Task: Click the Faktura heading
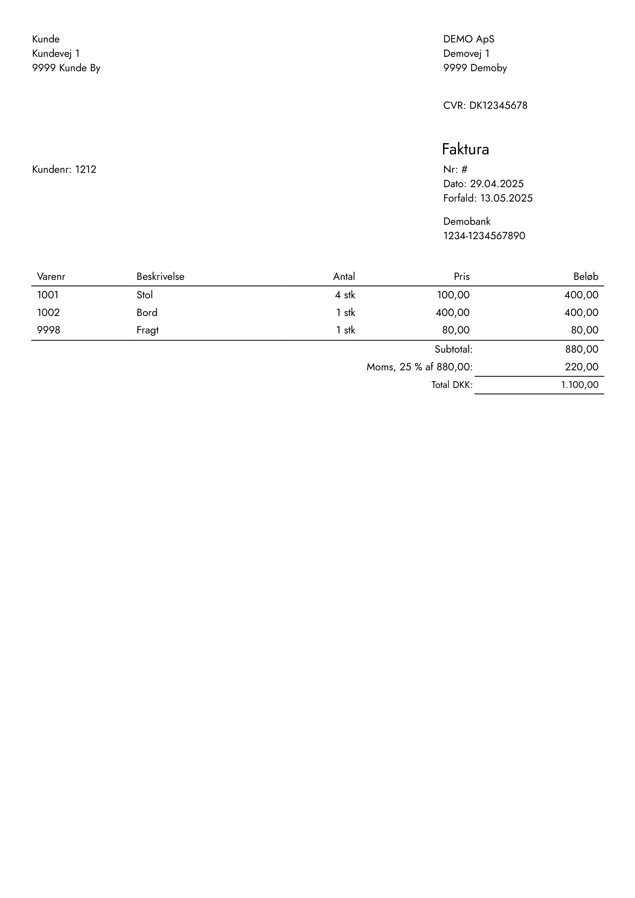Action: [465, 149]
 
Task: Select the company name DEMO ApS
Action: [469, 39]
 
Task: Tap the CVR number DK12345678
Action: [498, 106]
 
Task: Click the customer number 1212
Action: [86, 169]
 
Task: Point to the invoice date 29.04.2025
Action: [496, 184]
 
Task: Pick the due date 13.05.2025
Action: [506, 198]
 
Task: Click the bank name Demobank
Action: [467, 222]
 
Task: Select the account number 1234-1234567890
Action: [484, 236]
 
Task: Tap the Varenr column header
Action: [51, 276]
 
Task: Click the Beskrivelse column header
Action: [161, 276]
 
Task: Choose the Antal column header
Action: [344, 276]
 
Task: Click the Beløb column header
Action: [586, 276]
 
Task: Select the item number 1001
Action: [48, 295]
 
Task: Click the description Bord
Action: [147, 313]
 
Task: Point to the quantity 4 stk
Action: [345, 295]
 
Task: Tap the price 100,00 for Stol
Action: [453, 295]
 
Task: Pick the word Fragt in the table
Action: [148, 330]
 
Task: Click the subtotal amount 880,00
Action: [581, 349]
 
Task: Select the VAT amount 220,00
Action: [581, 367]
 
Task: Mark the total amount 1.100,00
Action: [579, 385]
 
